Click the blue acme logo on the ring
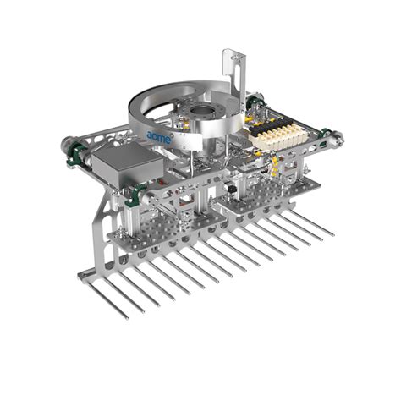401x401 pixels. tap(158, 135)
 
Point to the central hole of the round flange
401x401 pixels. tap(201, 113)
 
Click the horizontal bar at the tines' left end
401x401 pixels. tap(95, 273)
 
